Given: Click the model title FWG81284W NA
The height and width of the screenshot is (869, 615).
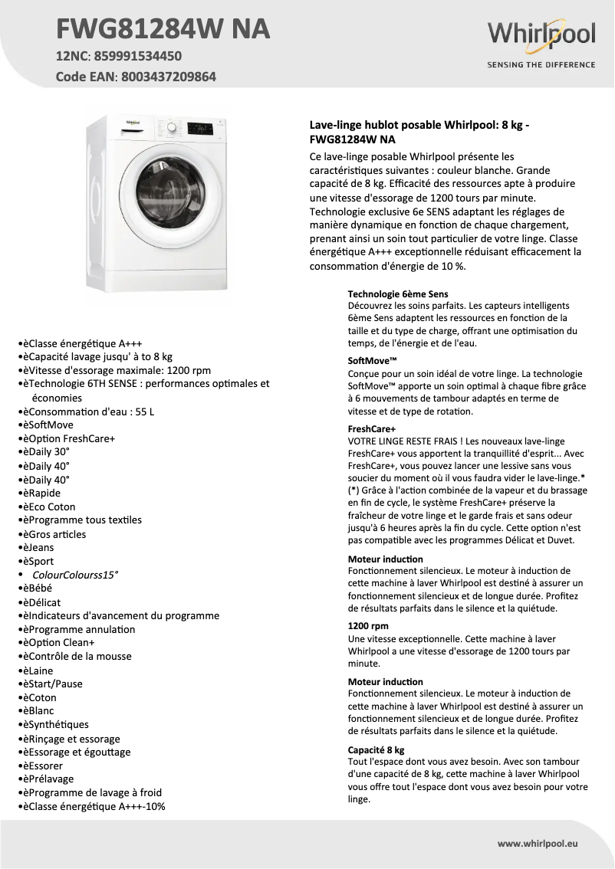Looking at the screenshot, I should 163,29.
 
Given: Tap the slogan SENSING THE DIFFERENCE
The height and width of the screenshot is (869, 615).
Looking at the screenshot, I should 541,64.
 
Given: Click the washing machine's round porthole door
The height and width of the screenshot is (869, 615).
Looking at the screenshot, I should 166,192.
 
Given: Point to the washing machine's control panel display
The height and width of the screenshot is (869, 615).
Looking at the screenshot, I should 200,130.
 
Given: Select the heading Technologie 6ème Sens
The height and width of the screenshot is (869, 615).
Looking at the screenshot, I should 398,293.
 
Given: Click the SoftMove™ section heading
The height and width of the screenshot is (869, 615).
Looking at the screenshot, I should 372,360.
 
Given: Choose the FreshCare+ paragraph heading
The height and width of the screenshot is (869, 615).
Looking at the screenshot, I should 372,430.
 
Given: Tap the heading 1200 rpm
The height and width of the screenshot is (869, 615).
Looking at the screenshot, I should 368,626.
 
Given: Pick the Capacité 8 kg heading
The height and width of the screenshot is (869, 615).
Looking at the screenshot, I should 376,749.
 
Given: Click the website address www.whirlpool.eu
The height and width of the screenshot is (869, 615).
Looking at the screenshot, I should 538,843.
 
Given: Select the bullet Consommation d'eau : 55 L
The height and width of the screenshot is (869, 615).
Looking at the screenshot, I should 88,412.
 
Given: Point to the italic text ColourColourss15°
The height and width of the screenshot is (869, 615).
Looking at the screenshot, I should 75,575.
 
